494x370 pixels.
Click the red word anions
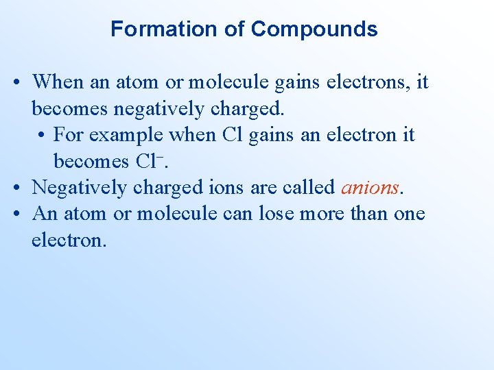[x=370, y=186]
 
